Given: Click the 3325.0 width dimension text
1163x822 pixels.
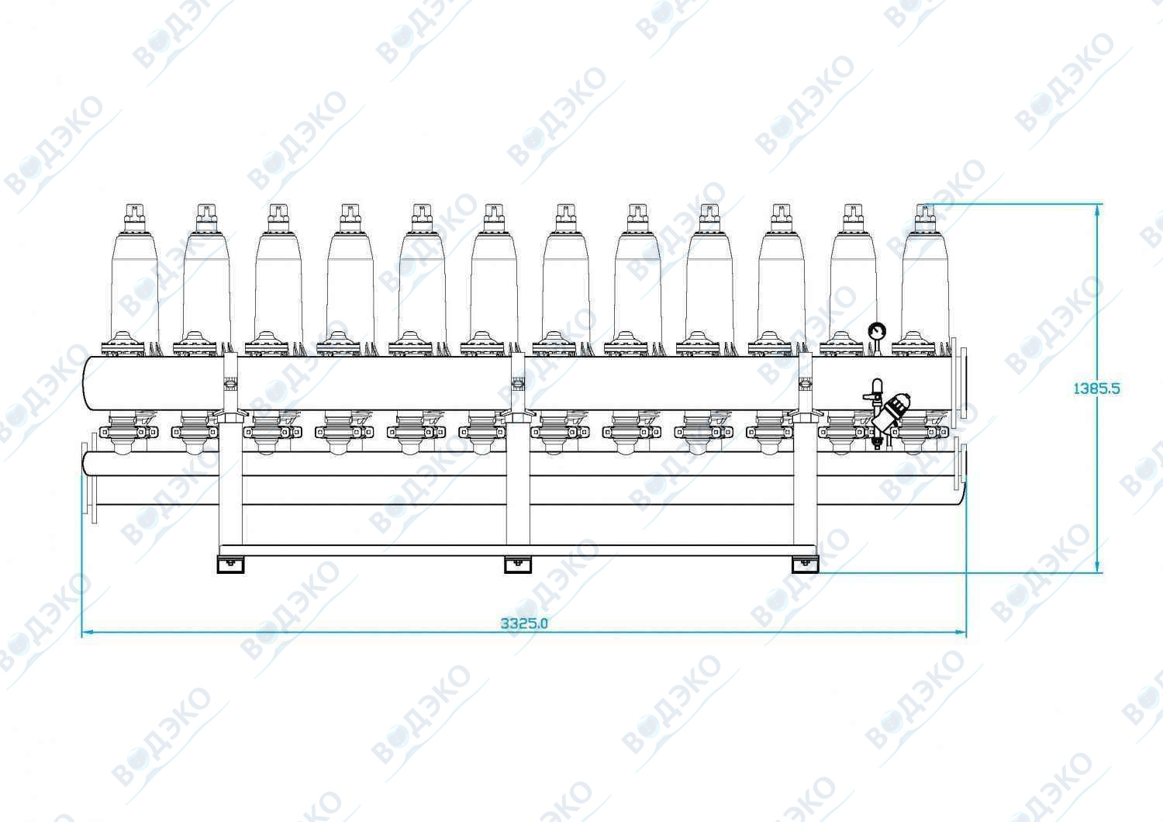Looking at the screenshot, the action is tap(524, 623).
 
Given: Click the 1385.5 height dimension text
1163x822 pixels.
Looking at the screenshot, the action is tap(1096, 388).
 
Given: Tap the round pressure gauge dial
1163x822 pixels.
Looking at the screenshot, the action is tap(877, 331).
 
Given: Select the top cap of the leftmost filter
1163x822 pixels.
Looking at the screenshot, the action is tap(134, 217).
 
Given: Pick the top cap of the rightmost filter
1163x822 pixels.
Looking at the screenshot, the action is tap(925, 217).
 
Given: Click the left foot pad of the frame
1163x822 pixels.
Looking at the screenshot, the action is tap(230, 565).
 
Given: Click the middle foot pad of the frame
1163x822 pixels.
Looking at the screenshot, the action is tap(518, 565).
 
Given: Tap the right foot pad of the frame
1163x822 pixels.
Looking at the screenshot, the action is tap(805, 565).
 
